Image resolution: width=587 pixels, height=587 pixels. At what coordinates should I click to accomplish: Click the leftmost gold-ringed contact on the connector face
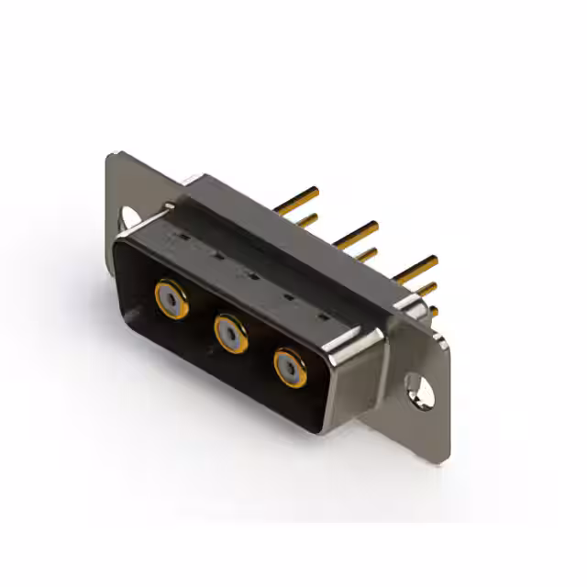coord(172,299)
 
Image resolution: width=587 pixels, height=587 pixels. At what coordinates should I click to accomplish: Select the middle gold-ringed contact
coord(230,332)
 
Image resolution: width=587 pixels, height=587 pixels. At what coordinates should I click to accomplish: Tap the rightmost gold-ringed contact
coord(290,367)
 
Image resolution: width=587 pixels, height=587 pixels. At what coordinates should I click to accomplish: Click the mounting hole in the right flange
coord(421,390)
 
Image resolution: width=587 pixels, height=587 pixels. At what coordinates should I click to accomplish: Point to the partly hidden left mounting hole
coord(129,216)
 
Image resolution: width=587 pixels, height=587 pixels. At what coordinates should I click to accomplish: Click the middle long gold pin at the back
coord(357,233)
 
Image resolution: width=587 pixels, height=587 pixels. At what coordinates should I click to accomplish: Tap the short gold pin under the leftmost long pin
coord(307,220)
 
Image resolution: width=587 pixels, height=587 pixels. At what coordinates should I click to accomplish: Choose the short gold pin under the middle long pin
coord(366,254)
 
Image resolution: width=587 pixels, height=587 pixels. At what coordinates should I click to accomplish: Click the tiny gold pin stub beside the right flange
coord(433,311)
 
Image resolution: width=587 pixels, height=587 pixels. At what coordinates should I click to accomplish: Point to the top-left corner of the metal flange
coord(112,156)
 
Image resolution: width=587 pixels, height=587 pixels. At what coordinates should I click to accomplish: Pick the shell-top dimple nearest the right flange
coord(322,316)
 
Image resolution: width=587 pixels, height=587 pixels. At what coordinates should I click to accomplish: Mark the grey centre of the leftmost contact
coord(172,299)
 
